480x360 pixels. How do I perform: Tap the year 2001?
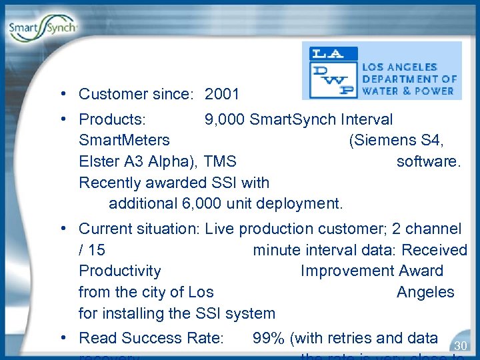222,95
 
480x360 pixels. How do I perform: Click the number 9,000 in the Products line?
225,119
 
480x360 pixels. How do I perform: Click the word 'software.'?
428,161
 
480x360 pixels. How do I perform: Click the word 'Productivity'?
120,271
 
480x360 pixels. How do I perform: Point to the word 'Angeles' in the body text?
425,292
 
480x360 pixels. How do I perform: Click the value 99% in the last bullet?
268,339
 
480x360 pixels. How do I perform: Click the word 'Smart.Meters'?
124,141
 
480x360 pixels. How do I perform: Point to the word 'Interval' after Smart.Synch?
367,119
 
